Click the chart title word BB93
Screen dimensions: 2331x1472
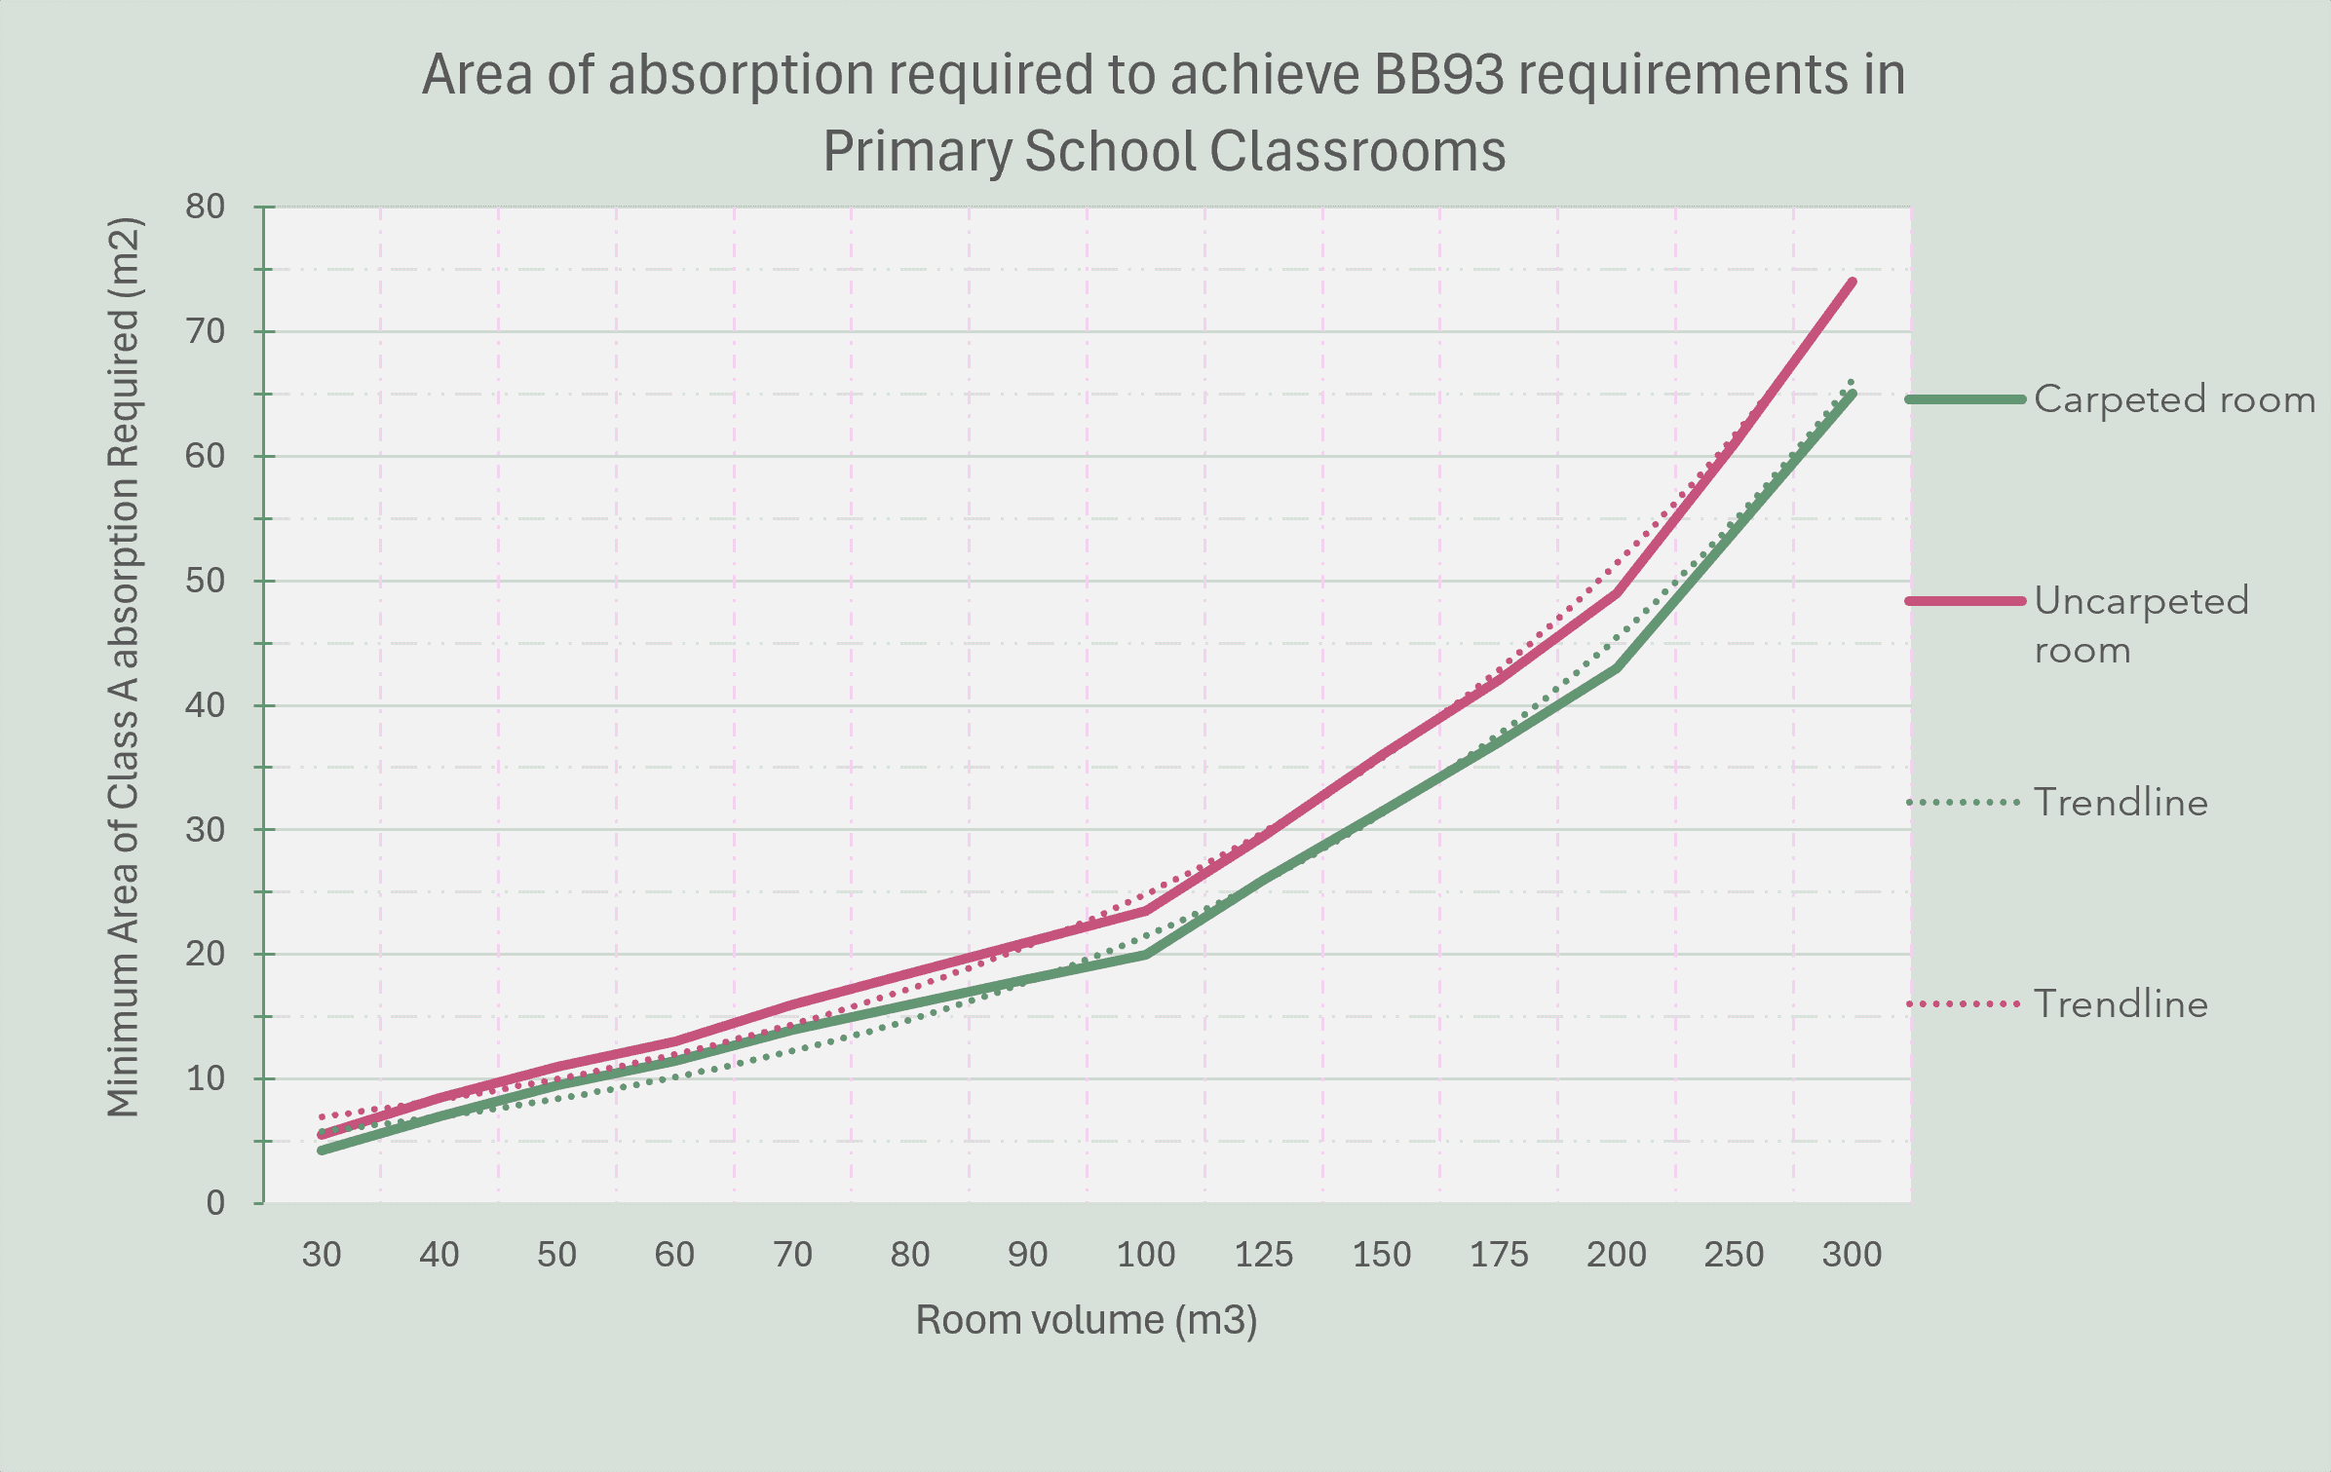(x=1438, y=74)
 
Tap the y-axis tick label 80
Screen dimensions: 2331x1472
(x=205, y=207)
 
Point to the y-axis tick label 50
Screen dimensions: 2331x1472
(x=205, y=581)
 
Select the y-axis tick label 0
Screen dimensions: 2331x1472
(x=215, y=1203)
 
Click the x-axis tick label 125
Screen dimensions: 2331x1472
(x=1264, y=1254)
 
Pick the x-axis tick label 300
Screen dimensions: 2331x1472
(x=1852, y=1254)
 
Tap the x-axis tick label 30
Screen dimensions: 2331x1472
(x=322, y=1254)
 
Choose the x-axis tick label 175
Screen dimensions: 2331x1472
(x=1499, y=1254)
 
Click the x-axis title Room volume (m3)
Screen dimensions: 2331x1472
(x=1087, y=1320)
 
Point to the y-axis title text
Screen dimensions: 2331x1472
(x=125, y=666)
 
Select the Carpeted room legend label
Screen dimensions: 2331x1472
(x=2174, y=399)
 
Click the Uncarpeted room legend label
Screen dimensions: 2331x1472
(x=2142, y=624)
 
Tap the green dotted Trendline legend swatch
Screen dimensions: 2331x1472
(x=1964, y=803)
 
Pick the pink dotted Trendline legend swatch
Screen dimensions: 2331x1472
(x=1964, y=1003)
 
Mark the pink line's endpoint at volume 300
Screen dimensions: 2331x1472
(x=1852, y=283)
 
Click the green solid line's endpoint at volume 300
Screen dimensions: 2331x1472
(x=1852, y=395)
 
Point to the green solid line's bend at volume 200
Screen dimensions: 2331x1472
(x=1617, y=667)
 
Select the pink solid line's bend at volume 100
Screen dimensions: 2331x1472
(x=1146, y=911)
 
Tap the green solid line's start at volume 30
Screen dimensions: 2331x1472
(x=322, y=1151)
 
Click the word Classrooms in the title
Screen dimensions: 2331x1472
(x=1357, y=152)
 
